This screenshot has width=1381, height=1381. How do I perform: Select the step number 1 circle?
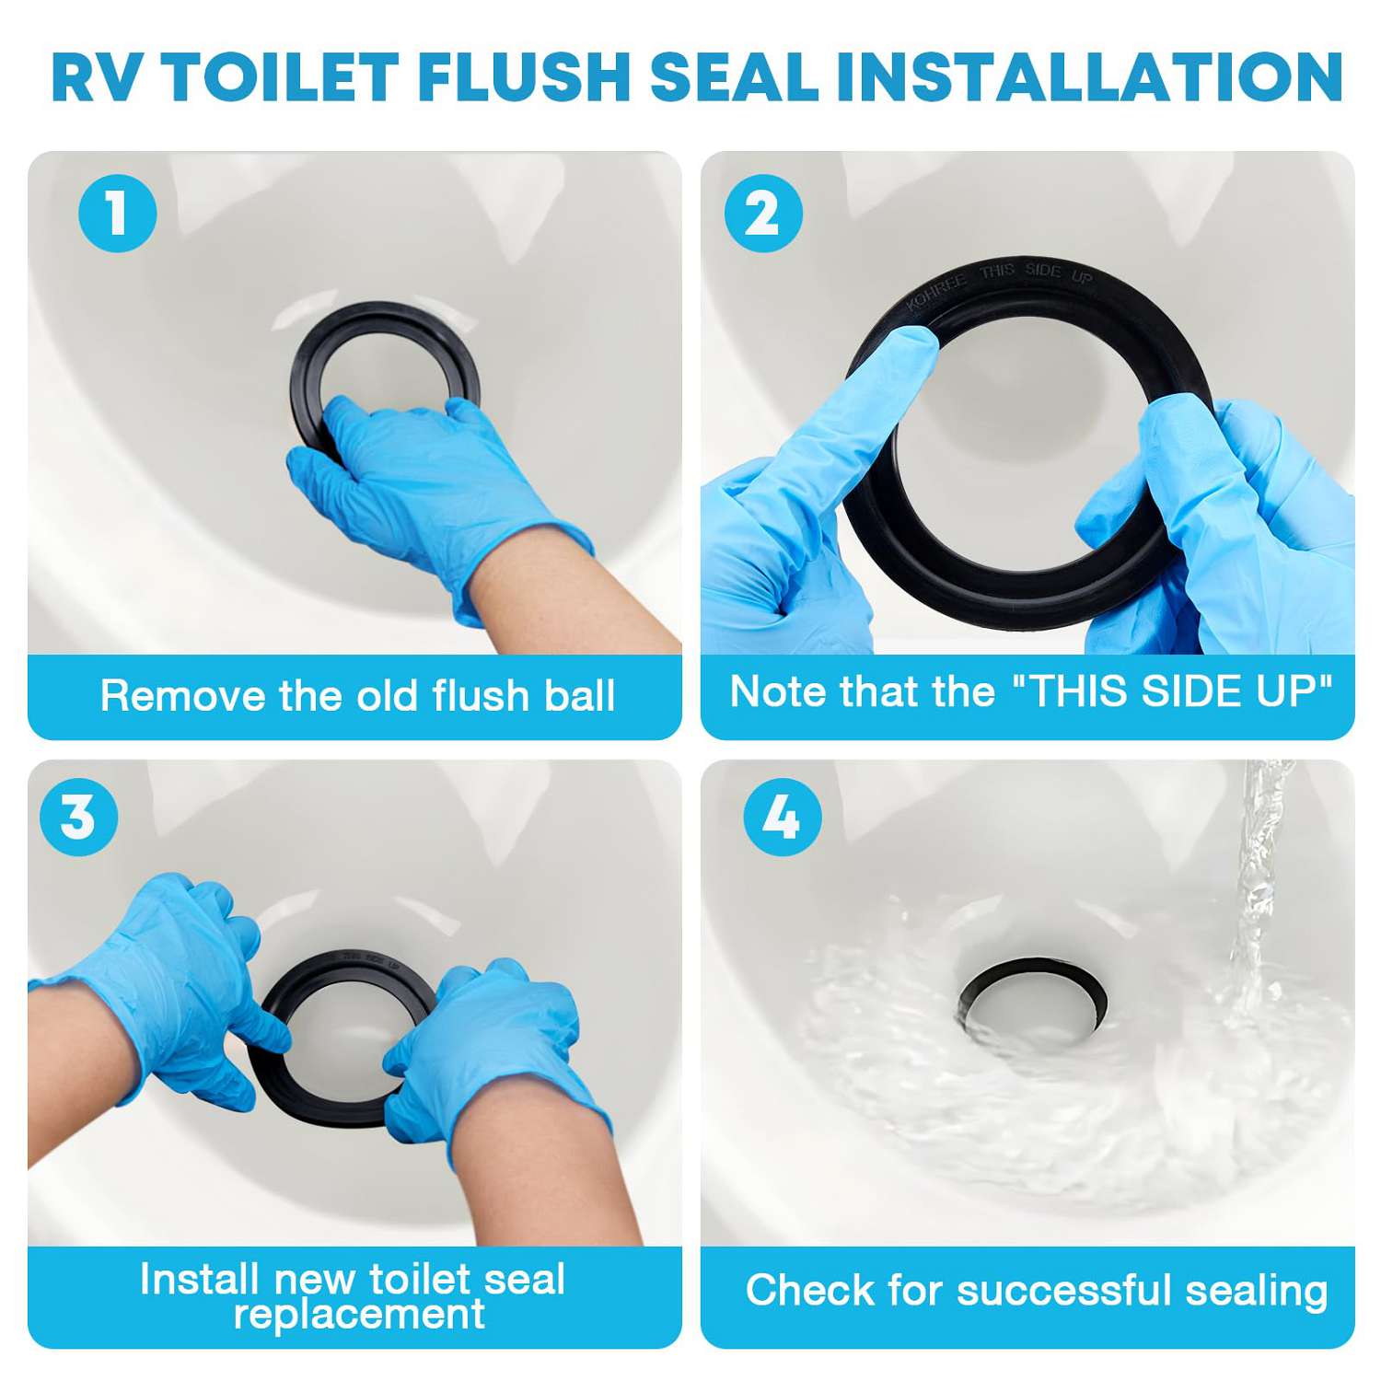117,214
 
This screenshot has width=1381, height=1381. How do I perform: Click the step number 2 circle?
763,214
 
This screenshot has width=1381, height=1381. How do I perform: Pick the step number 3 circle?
79,817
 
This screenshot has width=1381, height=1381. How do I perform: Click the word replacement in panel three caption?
359,1313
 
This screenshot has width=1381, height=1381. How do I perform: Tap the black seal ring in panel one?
387,318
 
